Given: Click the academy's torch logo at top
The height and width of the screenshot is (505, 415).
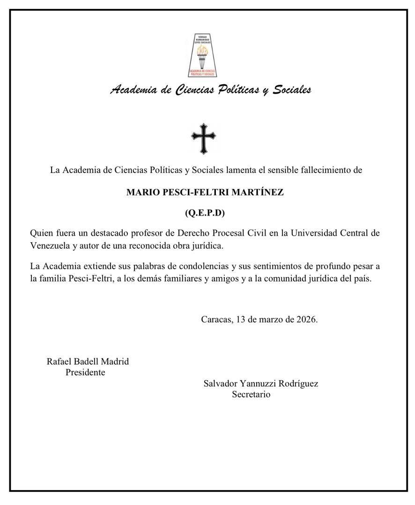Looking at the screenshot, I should pyautogui.click(x=204, y=55).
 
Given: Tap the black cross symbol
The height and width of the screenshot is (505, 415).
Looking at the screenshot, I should pyautogui.click(x=204, y=139).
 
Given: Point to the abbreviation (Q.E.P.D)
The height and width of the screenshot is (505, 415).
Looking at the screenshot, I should pyautogui.click(x=205, y=213).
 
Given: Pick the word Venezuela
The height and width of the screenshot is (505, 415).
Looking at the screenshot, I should pyautogui.click(x=50, y=245).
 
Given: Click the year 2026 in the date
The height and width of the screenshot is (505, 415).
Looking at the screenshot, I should pyautogui.click(x=306, y=320).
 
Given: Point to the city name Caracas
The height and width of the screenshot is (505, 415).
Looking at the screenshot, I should pyautogui.click(x=216, y=320).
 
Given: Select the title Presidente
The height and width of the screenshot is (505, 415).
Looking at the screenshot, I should pyautogui.click(x=85, y=373).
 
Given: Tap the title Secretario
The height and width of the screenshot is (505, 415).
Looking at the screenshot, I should pyautogui.click(x=251, y=394).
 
